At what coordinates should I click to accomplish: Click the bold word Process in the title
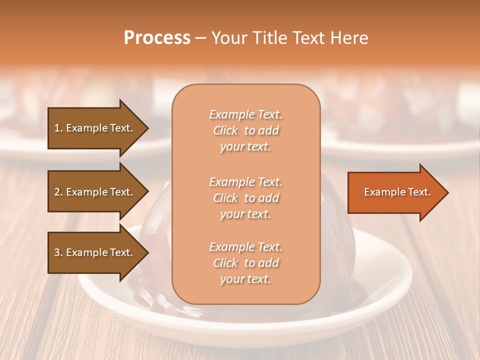point(157,38)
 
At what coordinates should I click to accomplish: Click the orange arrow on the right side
point(395,192)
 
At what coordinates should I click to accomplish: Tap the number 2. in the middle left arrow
point(58,192)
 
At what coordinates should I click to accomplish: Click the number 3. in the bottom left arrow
point(58,252)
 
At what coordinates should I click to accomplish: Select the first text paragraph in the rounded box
point(245,130)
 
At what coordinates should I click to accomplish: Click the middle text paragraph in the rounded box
point(245,198)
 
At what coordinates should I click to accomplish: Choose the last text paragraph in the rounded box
point(245,263)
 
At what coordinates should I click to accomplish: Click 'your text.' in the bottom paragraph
point(245,279)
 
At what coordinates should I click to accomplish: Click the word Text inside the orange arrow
point(419,192)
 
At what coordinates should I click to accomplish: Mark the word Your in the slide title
point(229,38)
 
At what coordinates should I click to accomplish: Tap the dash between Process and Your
point(200,38)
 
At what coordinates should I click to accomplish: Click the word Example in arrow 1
point(86,128)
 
